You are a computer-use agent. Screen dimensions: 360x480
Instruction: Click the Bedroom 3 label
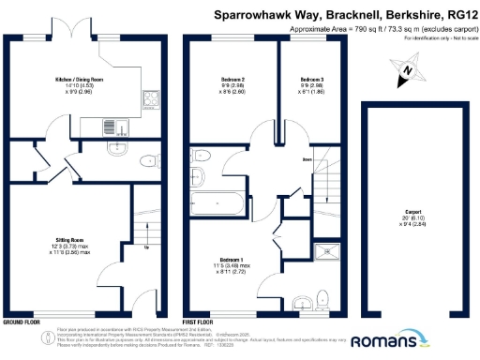coord(312,80)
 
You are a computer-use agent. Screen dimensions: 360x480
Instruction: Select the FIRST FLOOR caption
coord(200,321)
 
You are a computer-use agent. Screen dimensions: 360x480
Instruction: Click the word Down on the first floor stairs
coord(307,160)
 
